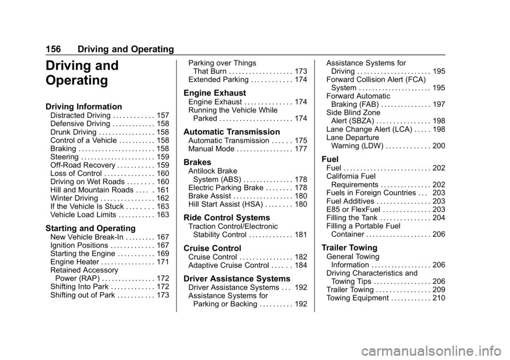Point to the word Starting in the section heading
pos(62,229)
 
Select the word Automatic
pos(205,132)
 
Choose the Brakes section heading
pos(197,162)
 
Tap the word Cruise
pos(197,248)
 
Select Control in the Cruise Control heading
pos(227,248)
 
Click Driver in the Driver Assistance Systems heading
pos(196,279)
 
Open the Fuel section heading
pos(330,159)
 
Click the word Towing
pos(364,248)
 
